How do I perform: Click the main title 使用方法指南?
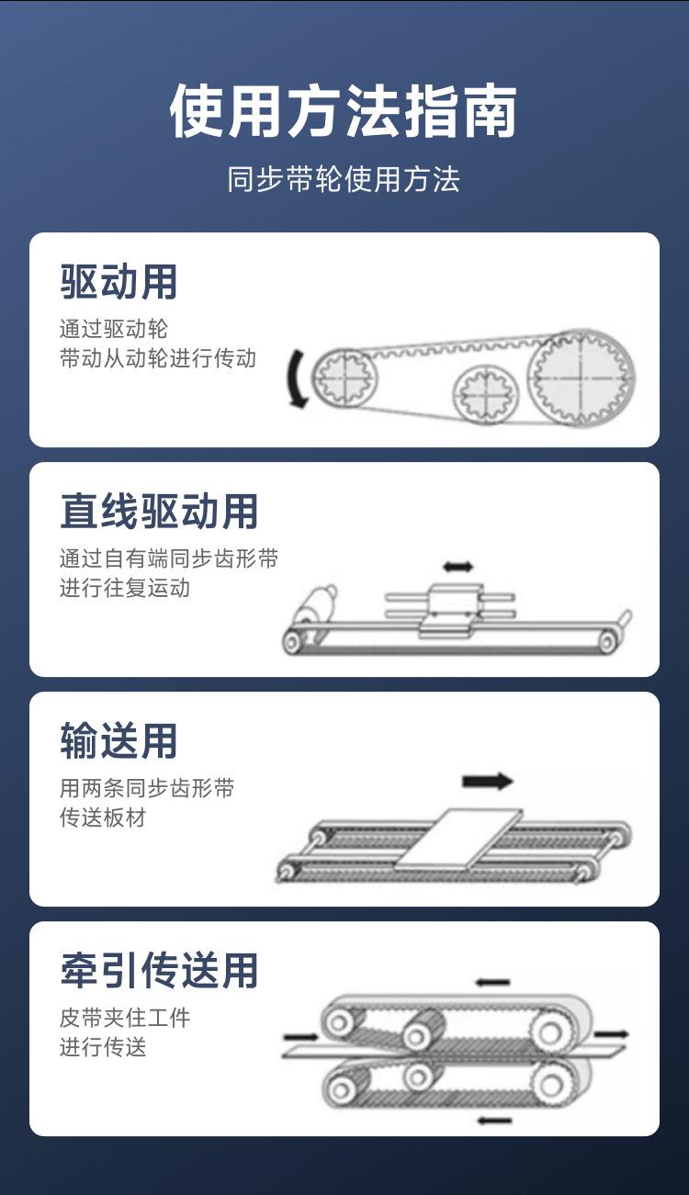click(x=344, y=111)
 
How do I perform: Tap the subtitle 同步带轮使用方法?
click(x=344, y=179)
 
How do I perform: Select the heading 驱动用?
click(x=119, y=282)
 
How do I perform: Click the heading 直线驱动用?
click(x=159, y=511)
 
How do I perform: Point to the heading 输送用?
click(x=119, y=740)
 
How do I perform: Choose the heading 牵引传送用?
click(x=159, y=969)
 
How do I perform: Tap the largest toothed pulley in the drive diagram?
click(x=582, y=378)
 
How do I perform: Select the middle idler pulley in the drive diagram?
click(x=486, y=394)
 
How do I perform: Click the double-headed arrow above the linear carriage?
click(x=458, y=566)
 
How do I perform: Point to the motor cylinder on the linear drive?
click(x=316, y=605)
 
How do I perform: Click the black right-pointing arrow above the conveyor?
click(x=487, y=782)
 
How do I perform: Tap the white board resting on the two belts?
click(x=460, y=840)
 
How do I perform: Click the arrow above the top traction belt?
click(x=492, y=982)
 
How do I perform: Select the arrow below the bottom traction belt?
click(x=494, y=1121)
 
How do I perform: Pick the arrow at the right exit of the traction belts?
click(x=611, y=1034)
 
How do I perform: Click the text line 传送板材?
click(x=103, y=817)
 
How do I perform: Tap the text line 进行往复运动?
click(x=125, y=588)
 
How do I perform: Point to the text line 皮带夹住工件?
click(x=125, y=1018)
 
